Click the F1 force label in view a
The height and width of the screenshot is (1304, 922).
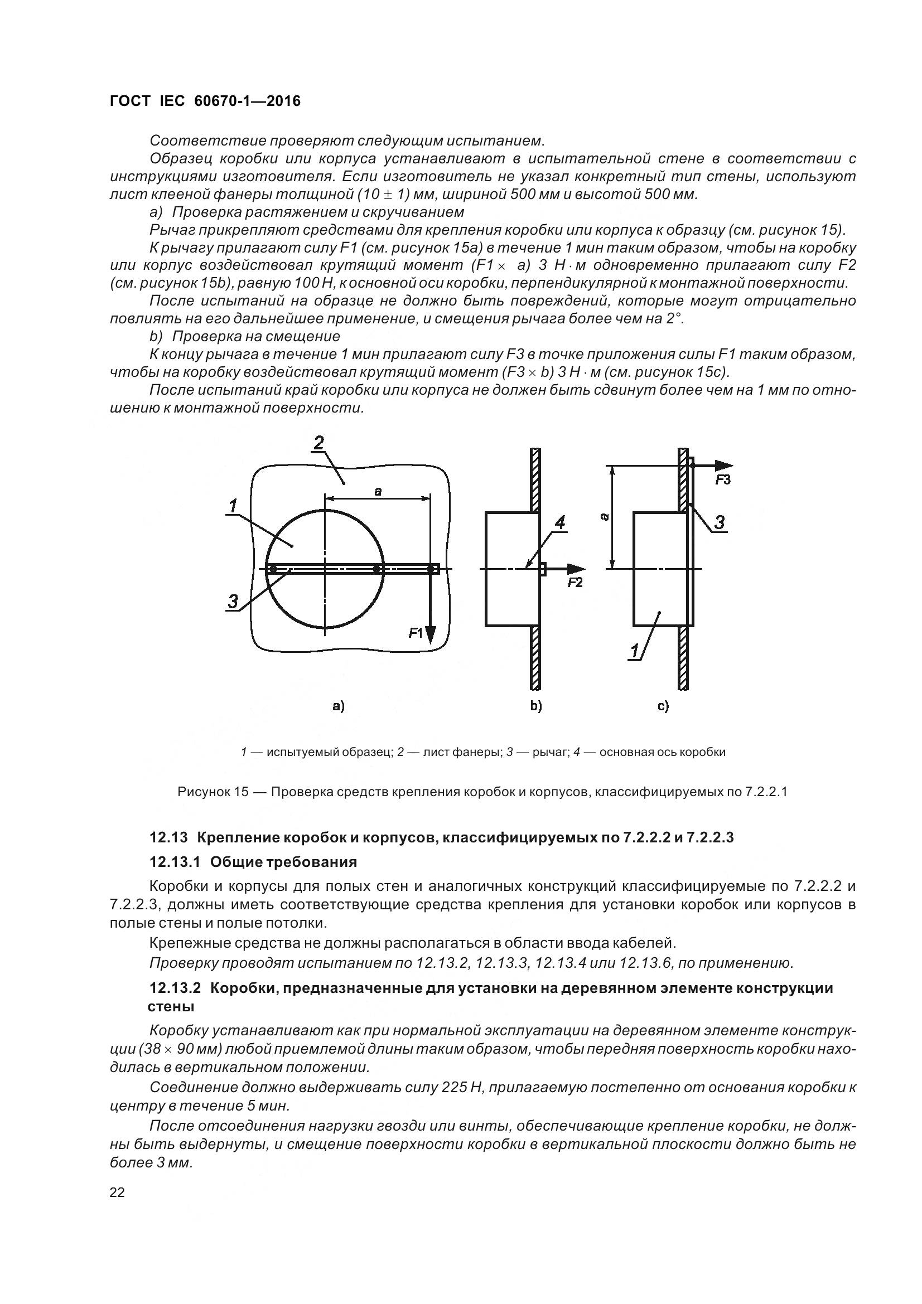pyautogui.click(x=416, y=633)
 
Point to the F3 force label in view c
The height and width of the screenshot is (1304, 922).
pyautogui.click(x=723, y=481)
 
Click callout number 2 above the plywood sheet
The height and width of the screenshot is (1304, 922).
pyautogui.click(x=318, y=443)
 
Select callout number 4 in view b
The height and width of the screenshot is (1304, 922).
pyautogui.click(x=560, y=522)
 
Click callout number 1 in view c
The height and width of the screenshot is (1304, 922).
pyautogui.click(x=635, y=651)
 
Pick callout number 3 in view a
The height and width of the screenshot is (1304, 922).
pyautogui.click(x=233, y=601)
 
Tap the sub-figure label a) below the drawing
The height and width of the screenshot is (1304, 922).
pyautogui.click(x=339, y=706)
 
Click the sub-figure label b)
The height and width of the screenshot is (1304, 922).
pyautogui.click(x=535, y=706)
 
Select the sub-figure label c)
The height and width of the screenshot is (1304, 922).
pyautogui.click(x=663, y=706)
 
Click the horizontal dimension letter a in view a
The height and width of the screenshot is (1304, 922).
pyautogui.click(x=378, y=492)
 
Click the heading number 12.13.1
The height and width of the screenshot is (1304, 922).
pyautogui.click(x=175, y=862)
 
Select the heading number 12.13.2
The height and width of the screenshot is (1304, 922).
pyautogui.click(x=175, y=988)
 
